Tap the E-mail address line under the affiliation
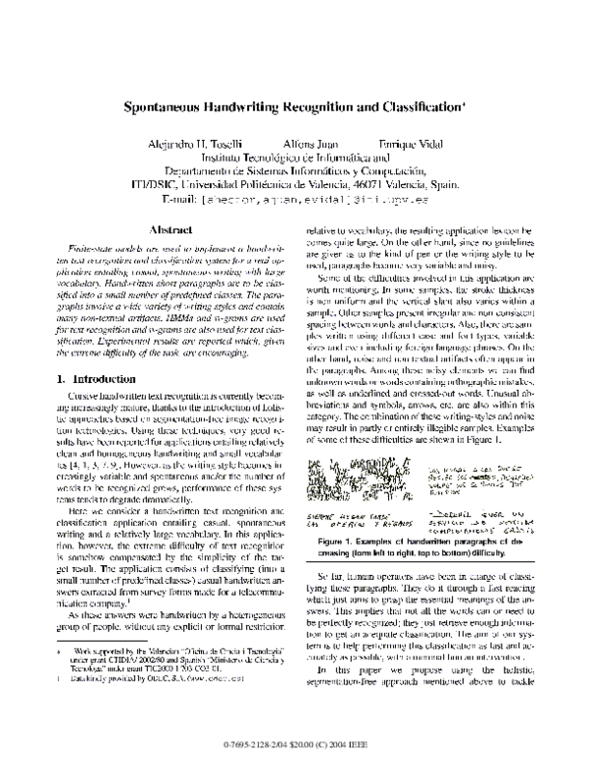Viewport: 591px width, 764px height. tap(295, 198)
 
